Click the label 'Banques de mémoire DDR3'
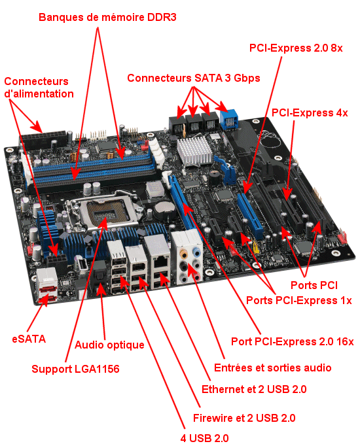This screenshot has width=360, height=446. coord(107,18)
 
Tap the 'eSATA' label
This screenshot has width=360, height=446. coord(29,339)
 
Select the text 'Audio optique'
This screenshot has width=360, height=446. coord(109,345)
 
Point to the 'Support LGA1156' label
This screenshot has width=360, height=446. coord(75,369)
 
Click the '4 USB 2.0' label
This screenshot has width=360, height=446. coord(204,438)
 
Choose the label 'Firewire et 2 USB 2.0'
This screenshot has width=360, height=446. coord(244,418)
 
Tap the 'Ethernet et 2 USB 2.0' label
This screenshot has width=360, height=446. coord(254,389)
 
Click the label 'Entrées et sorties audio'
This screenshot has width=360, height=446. coord(273,368)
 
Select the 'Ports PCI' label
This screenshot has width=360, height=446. coord(314,285)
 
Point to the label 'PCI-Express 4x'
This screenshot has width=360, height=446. coord(310,112)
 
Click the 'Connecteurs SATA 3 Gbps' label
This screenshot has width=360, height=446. coord(194,78)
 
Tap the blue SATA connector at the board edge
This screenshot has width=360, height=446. coord(229,120)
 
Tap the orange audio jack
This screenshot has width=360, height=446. coord(184,253)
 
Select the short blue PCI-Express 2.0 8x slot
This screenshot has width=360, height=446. coord(250,215)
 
